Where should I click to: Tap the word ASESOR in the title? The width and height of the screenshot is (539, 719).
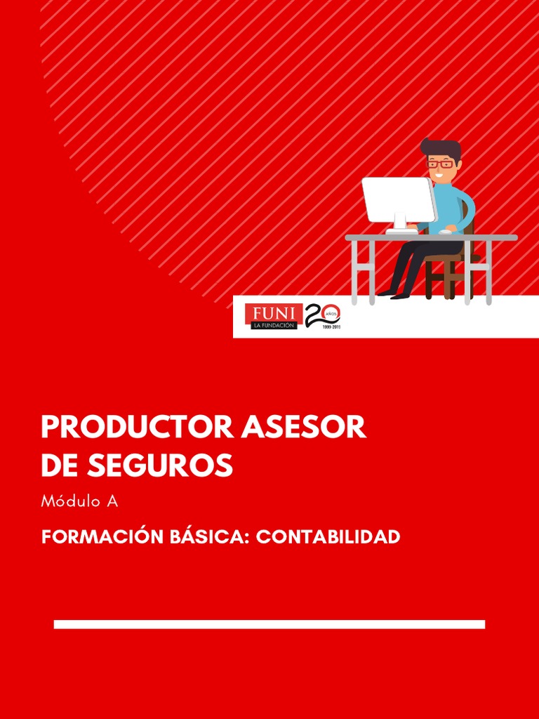click(304, 428)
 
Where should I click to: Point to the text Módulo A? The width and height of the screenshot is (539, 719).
click(79, 501)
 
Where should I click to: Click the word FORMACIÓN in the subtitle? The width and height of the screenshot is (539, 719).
click(102, 537)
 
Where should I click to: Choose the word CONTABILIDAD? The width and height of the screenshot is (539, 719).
click(328, 537)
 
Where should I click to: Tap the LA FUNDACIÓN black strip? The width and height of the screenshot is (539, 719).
click(274, 325)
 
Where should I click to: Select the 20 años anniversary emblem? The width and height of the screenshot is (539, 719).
click(322, 317)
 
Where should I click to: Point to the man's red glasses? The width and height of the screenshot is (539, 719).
click(440, 164)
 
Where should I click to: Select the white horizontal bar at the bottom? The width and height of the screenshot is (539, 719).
click(269, 624)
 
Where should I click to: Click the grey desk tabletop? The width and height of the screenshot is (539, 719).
click(431, 238)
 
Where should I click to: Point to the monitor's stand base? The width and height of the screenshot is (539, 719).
click(401, 230)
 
